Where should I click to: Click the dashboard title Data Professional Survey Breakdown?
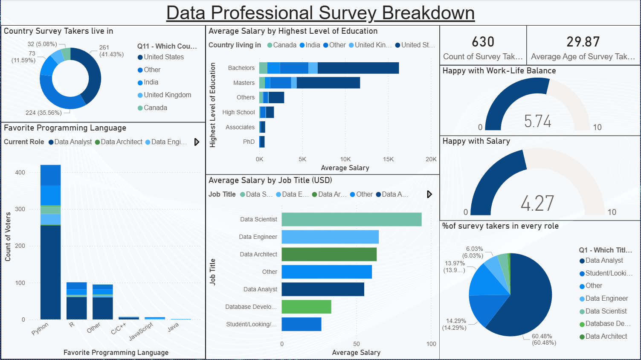[x=320, y=13]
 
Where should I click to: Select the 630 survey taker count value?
[x=483, y=42]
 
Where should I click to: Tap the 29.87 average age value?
[x=583, y=42]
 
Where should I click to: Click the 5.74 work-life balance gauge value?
[x=537, y=121]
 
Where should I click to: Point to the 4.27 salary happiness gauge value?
[x=537, y=203]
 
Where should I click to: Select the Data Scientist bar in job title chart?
[x=351, y=219]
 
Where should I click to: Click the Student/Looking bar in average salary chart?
[x=301, y=324]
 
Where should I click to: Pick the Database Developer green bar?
[x=306, y=307]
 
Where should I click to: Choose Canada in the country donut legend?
[x=155, y=108]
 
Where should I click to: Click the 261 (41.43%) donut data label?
[x=111, y=51]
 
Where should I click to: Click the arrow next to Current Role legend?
[x=197, y=142]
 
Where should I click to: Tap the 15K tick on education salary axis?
[x=388, y=159]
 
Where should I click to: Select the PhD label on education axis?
[x=249, y=142]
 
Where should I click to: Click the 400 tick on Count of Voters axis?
[x=20, y=172]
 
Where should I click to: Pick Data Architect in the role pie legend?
[x=606, y=337]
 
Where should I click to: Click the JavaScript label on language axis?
[x=141, y=331]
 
